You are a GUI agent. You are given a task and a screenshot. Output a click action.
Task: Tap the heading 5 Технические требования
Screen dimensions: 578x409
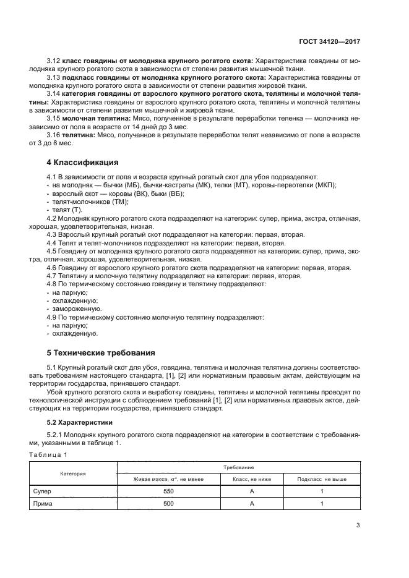(101, 353)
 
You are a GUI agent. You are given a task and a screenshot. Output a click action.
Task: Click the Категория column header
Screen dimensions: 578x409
(72, 474)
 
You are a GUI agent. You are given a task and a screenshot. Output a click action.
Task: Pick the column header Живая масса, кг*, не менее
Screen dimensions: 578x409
(168, 479)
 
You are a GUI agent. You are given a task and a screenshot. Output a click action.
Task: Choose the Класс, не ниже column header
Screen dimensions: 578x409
(252, 479)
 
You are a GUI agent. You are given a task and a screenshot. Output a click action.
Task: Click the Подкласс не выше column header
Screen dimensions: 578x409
(322, 479)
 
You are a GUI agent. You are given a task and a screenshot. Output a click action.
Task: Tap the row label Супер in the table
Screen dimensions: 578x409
(43, 491)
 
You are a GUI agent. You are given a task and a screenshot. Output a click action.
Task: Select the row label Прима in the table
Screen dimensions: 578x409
(44, 504)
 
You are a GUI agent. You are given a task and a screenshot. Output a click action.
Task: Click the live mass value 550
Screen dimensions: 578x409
(168, 491)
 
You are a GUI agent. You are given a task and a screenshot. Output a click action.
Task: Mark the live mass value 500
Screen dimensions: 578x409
(168, 504)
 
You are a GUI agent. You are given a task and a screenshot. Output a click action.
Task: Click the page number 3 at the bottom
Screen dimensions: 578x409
(358, 526)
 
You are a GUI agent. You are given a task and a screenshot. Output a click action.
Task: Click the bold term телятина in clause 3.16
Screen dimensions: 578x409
(79, 134)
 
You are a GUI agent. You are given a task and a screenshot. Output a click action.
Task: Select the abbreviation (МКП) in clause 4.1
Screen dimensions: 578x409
(325, 185)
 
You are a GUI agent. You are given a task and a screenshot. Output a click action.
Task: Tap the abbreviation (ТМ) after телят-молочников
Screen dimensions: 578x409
(119, 202)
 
